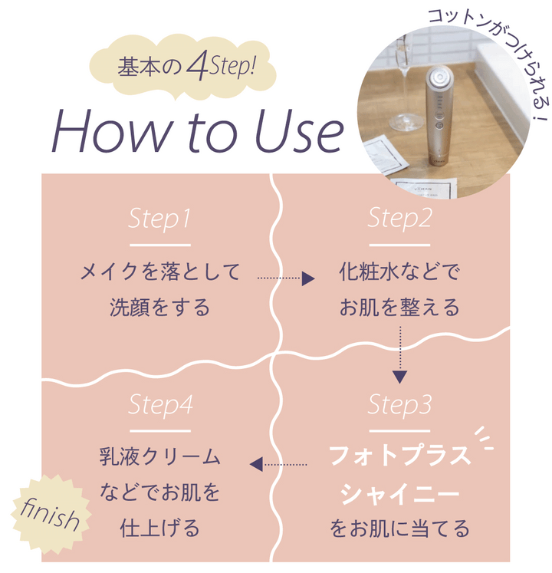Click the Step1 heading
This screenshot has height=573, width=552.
coord(159,219)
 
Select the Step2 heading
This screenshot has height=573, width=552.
coord(399,219)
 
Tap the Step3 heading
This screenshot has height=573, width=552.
coord(399,405)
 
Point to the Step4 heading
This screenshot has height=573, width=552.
coord(160,405)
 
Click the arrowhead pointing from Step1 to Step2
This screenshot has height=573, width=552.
coord(308,278)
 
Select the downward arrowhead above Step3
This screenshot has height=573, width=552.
coord(399,377)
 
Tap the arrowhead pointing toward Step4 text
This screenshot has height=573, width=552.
coord(256,464)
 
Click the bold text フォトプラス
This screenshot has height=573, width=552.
coord(399,456)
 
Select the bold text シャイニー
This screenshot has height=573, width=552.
coord(399,494)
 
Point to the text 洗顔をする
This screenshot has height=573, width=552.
coord(160,307)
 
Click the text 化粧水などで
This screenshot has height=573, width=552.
coord(399,272)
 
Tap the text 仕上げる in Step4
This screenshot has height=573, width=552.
coord(160,528)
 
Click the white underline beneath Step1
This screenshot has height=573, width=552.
coord(160,245)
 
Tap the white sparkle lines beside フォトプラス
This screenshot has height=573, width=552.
coord(485,438)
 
